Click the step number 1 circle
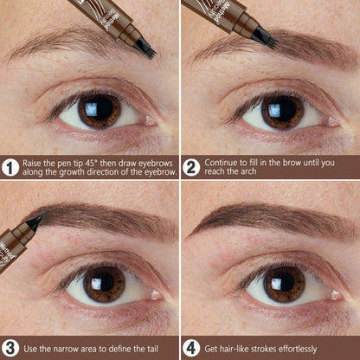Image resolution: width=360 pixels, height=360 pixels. pyautogui.click(x=10, y=167)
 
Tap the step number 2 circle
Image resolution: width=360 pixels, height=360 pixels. pyautogui.click(x=191, y=167)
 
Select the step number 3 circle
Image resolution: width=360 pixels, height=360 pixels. pyautogui.click(x=10, y=348)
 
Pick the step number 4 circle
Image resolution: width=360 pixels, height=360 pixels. pyautogui.click(x=191, y=348)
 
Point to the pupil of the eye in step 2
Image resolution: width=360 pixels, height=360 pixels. pyautogui.click(x=282, y=112)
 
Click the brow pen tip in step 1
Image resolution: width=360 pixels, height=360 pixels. pyautogui.click(x=148, y=50)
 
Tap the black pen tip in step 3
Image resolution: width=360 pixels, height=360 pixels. pyautogui.click(x=35, y=222)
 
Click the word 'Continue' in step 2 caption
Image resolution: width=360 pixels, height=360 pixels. pyautogui.click(x=225, y=161)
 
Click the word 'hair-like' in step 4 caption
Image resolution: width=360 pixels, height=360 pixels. pyautogui.click(x=237, y=348)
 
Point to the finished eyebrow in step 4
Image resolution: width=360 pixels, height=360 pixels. pyautogui.click(x=268, y=218)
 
